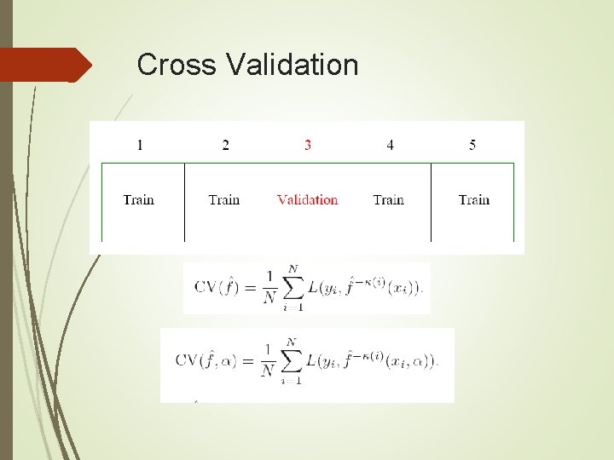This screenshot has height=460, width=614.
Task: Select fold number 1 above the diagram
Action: click(140, 145)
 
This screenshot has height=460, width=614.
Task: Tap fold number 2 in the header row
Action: click(225, 145)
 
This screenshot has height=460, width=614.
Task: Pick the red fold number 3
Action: click(307, 145)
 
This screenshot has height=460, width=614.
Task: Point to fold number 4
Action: click(390, 145)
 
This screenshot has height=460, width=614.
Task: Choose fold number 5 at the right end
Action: click(472, 145)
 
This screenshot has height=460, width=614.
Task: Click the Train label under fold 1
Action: click(138, 200)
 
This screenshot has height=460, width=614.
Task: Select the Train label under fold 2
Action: click(223, 200)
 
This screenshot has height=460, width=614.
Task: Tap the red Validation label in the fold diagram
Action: click(307, 200)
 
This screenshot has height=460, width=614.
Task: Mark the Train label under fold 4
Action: click(388, 200)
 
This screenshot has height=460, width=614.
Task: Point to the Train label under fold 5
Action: click(473, 200)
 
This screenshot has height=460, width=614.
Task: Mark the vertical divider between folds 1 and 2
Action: click(184, 202)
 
